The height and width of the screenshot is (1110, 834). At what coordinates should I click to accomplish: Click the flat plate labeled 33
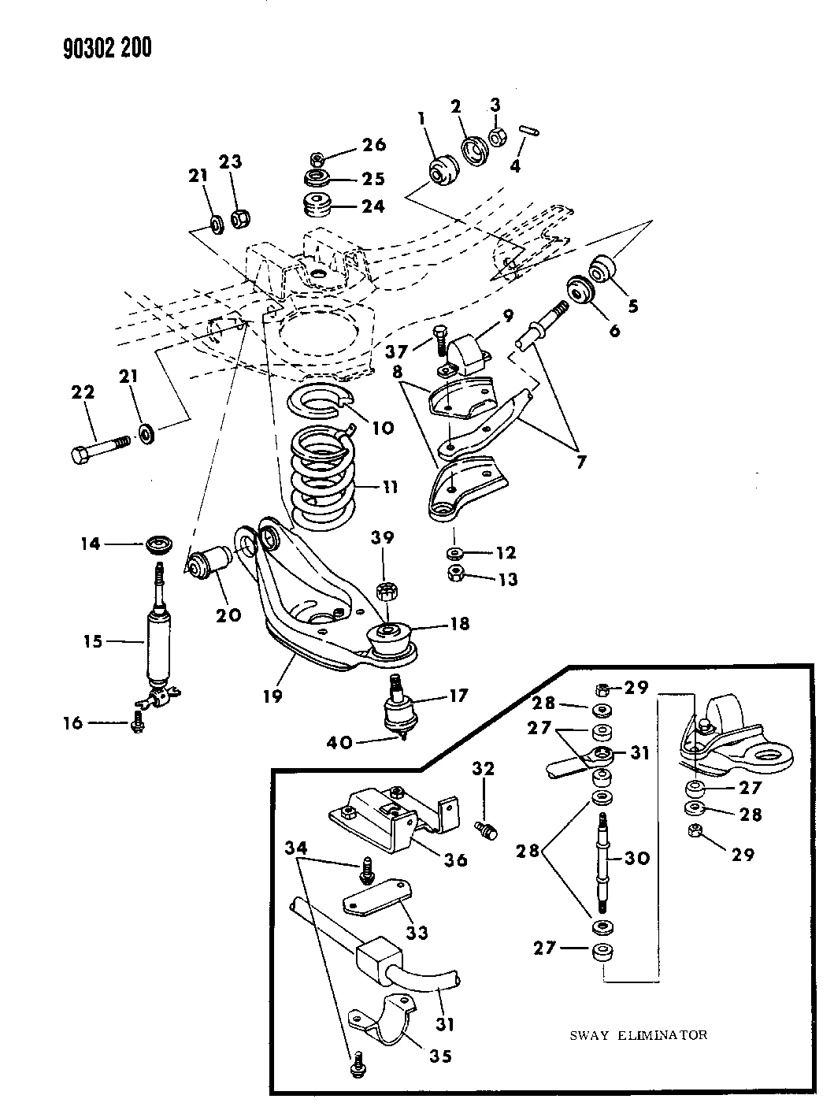coord(376,899)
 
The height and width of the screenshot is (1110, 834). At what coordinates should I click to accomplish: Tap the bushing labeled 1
coord(441,169)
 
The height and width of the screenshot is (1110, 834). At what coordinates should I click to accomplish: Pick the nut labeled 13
coord(454,574)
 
